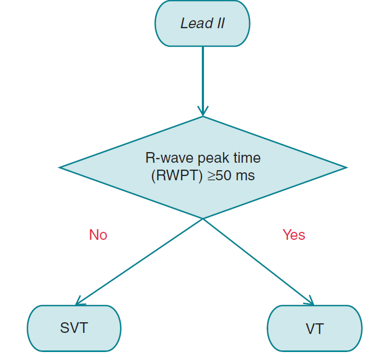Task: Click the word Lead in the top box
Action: point(194,23)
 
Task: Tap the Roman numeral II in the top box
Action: point(218,23)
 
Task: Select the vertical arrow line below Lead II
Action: point(203,74)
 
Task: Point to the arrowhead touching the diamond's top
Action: point(203,111)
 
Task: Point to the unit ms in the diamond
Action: point(245,175)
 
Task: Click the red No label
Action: point(98,235)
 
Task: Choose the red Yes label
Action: point(293,235)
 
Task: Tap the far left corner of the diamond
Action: point(61,168)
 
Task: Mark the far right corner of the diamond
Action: point(346,168)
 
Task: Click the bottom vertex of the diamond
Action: point(203,218)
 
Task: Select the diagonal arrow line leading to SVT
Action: point(141,261)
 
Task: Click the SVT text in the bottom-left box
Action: point(74,328)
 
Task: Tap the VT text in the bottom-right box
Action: point(314,329)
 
